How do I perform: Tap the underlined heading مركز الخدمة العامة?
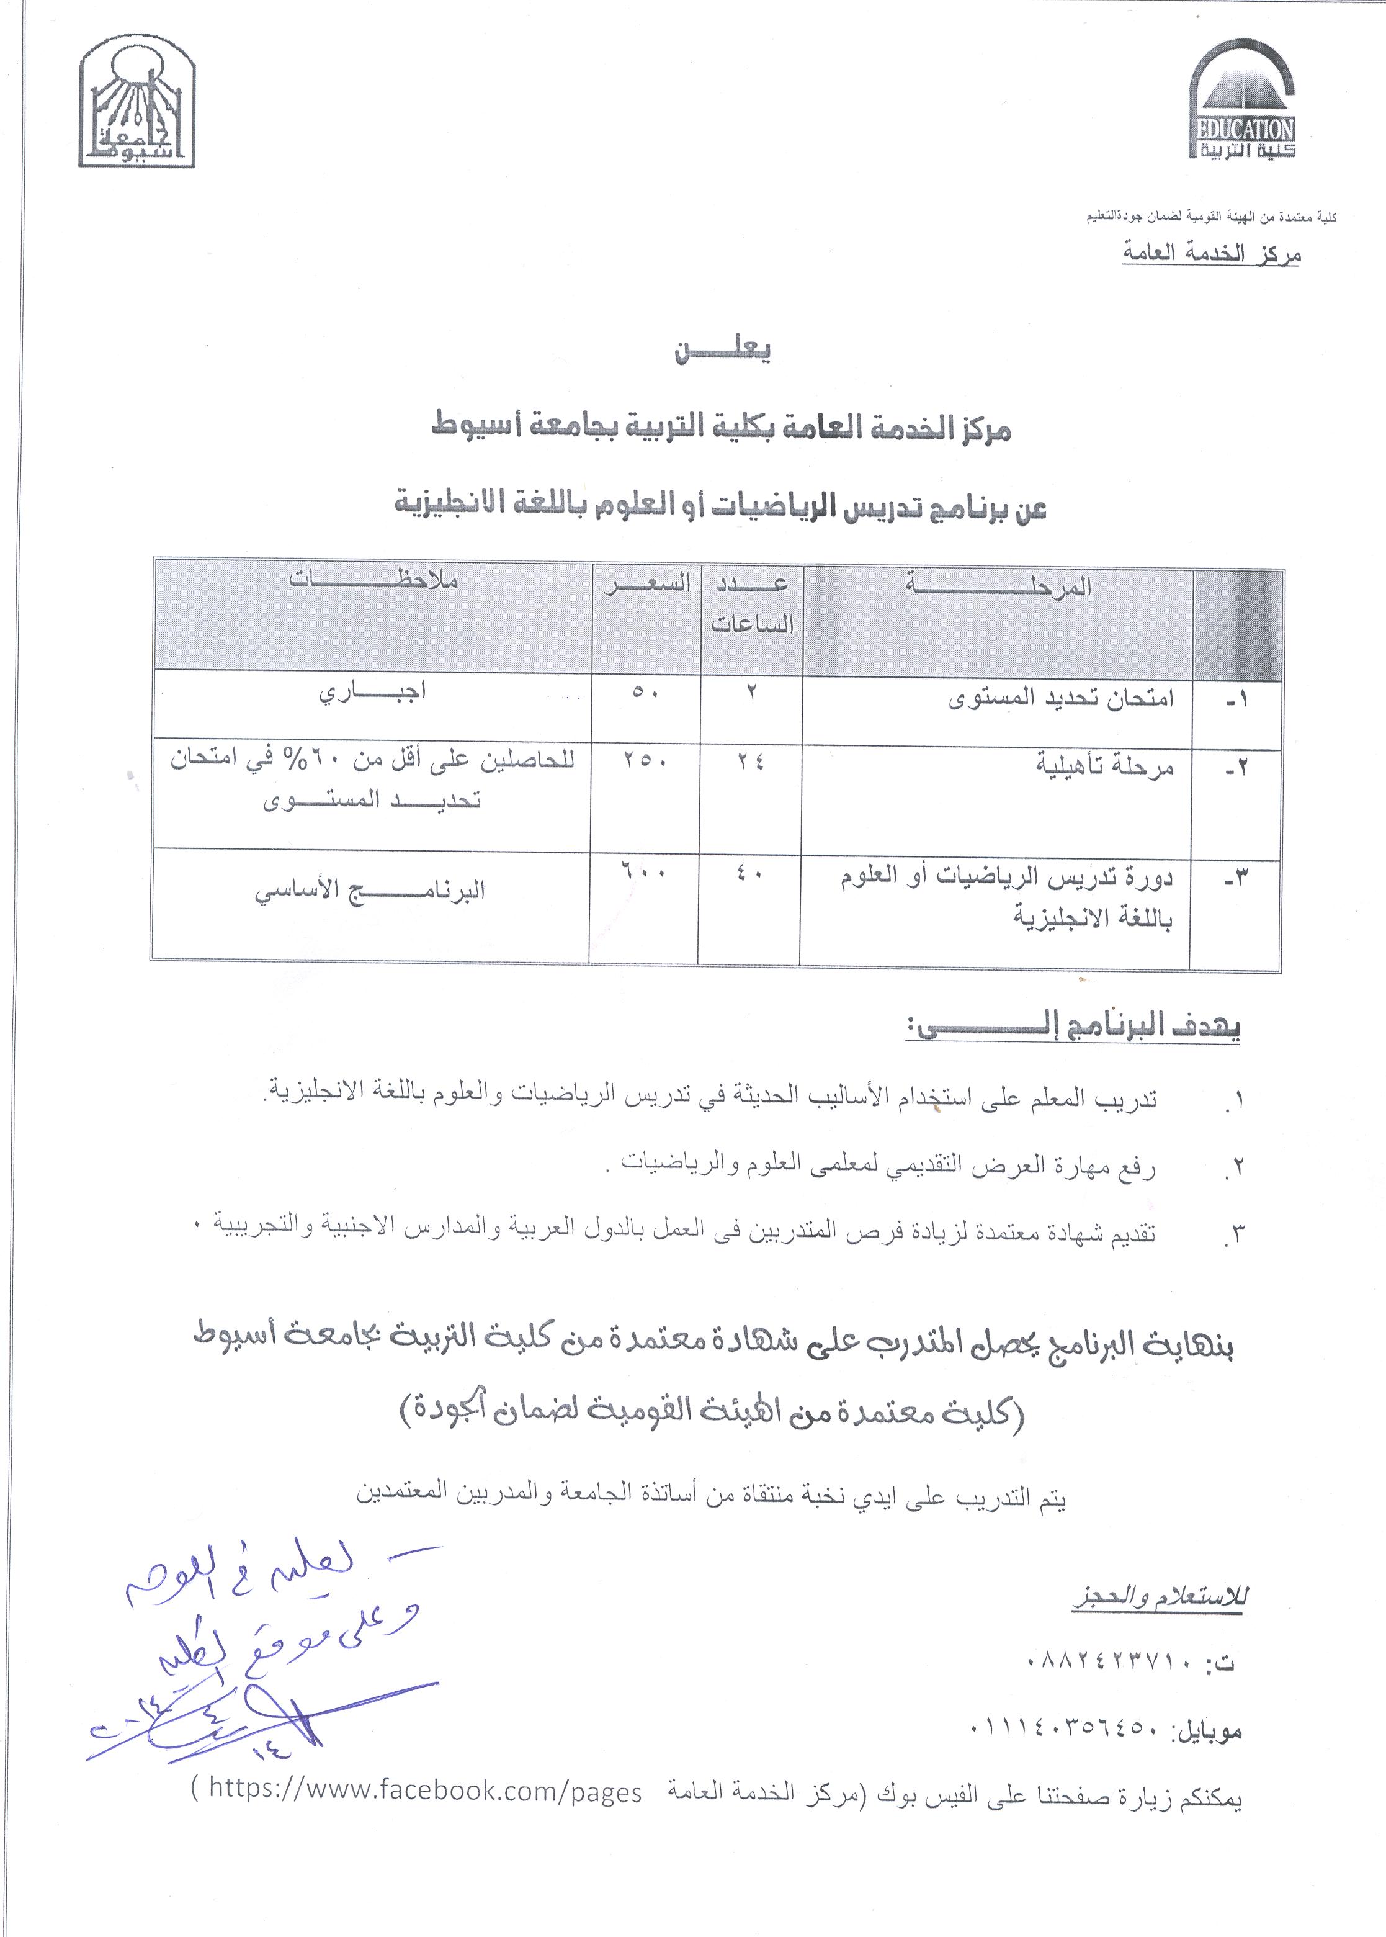click(1211, 254)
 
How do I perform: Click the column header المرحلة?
click(998, 586)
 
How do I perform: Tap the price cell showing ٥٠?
click(645, 693)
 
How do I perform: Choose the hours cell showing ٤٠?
click(751, 874)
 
